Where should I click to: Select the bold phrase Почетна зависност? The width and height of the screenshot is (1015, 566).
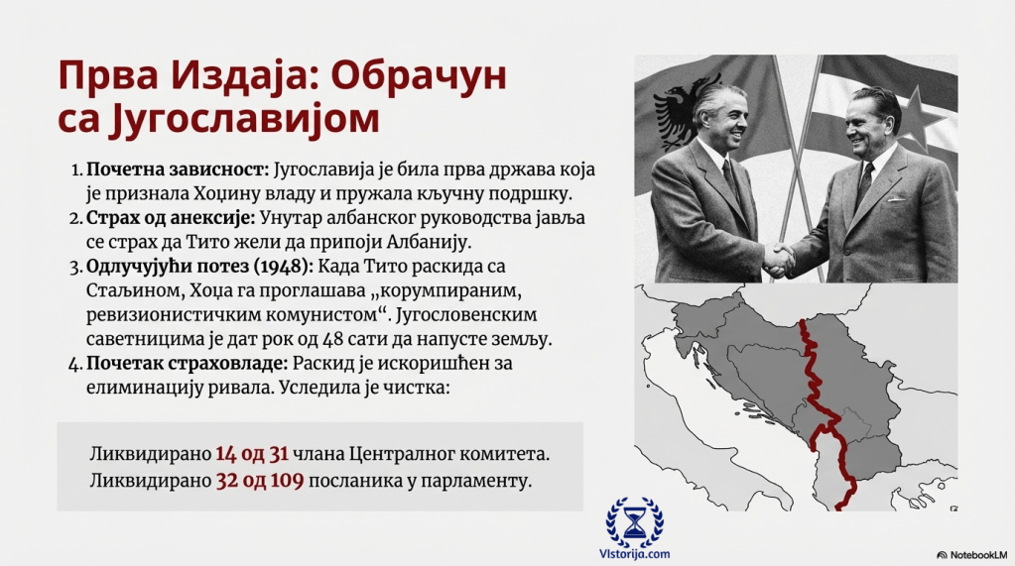(178, 170)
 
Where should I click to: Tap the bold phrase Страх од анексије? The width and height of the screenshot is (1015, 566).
(171, 218)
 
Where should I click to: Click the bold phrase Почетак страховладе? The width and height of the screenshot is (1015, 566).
(187, 364)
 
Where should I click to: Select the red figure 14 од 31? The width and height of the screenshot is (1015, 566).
(252, 454)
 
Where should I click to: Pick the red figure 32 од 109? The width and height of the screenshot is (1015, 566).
(260, 482)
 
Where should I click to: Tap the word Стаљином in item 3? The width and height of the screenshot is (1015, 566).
(133, 291)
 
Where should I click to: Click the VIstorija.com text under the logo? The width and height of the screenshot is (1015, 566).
(634, 554)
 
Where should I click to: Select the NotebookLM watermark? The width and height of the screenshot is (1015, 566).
(972, 555)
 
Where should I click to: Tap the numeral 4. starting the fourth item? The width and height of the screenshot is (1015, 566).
(74, 364)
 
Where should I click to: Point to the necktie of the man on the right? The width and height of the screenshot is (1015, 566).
(864, 184)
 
